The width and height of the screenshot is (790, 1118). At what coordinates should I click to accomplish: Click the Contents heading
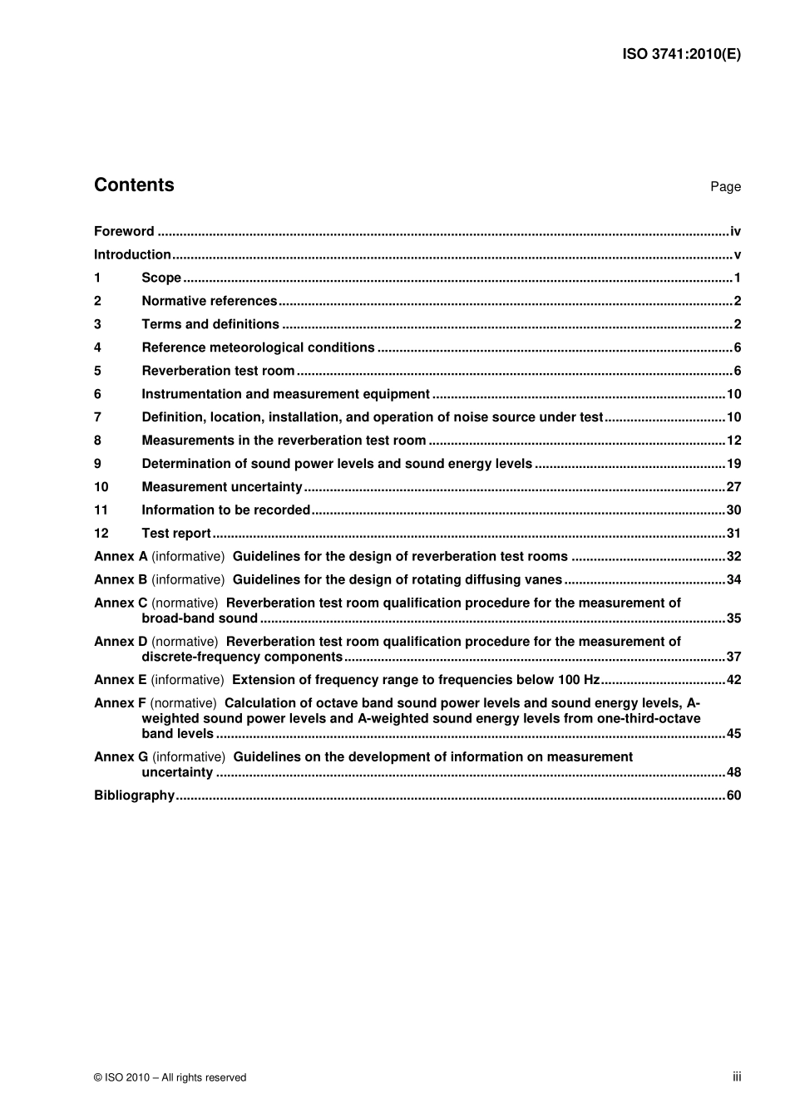(x=134, y=185)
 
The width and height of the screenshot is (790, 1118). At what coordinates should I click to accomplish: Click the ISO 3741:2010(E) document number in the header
(x=681, y=55)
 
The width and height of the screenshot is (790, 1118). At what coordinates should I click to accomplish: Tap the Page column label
(x=725, y=187)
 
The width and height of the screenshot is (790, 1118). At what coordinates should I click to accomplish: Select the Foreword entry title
(x=124, y=232)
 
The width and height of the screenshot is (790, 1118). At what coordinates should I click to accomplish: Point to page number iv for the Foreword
(x=735, y=232)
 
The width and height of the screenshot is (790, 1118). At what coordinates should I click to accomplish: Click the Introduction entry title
(x=132, y=255)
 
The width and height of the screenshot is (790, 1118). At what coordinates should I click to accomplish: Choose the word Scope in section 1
(x=161, y=278)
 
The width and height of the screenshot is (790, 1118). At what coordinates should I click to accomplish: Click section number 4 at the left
(x=97, y=348)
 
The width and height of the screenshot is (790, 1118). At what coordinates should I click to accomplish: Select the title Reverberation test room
(x=218, y=372)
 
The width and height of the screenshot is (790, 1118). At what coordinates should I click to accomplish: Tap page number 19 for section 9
(x=733, y=465)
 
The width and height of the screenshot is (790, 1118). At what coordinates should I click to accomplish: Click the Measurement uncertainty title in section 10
(x=222, y=488)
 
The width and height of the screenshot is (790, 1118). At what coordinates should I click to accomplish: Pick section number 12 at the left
(x=101, y=534)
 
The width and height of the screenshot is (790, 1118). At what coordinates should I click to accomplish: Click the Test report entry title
(x=176, y=534)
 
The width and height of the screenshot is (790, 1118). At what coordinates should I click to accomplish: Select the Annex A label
(x=121, y=557)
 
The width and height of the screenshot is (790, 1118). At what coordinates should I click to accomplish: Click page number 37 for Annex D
(x=733, y=658)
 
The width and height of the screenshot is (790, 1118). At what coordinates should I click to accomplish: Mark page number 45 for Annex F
(x=733, y=734)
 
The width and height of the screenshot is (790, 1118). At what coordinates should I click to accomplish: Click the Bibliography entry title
(x=134, y=796)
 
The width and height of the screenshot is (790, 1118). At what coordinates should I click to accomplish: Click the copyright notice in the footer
(x=170, y=1078)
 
